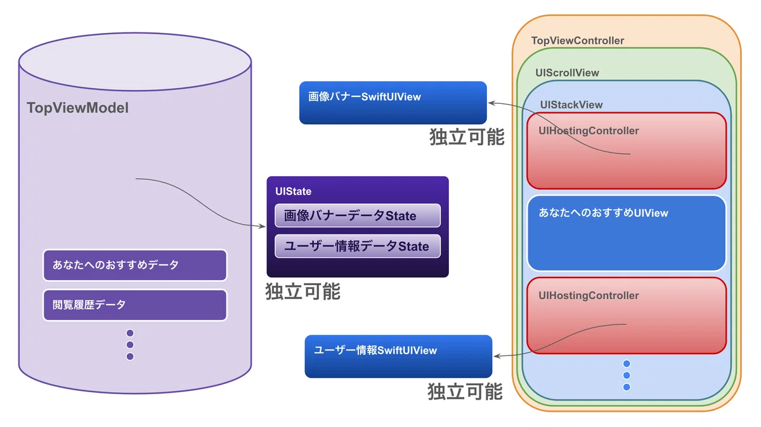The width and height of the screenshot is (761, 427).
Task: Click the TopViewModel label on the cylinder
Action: pos(78,108)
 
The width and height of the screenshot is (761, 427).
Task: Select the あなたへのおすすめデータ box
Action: pos(135,265)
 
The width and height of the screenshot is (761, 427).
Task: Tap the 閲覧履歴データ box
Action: pos(135,305)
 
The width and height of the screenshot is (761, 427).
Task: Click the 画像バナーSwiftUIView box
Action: pos(393,103)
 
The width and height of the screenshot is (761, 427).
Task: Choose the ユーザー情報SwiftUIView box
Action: pos(398,357)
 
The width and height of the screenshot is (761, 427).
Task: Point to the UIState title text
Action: pos(293,191)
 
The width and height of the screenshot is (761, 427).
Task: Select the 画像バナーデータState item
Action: pos(358,215)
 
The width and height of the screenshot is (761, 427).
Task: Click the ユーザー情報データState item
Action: pos(358,246)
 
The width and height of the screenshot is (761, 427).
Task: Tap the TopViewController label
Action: pos(578,41)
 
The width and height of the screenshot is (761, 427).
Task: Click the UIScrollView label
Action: pos(567,73)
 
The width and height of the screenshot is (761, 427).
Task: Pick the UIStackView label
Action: pos(571,105)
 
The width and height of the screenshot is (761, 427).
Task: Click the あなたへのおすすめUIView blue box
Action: pos(627,233)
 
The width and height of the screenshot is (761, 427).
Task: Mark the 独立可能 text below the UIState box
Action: pos(302,291)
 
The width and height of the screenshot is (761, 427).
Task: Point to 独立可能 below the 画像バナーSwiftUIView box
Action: pos(467,137)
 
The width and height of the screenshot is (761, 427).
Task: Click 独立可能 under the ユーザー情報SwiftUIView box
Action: pos(465,392)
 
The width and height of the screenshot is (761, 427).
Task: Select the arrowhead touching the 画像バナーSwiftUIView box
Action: pos(491,103)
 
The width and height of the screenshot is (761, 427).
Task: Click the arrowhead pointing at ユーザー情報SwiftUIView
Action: pos(497,356)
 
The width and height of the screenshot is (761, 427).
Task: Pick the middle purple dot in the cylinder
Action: pos(130,345)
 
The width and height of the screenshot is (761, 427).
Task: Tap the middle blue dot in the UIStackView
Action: pos(627,376)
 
